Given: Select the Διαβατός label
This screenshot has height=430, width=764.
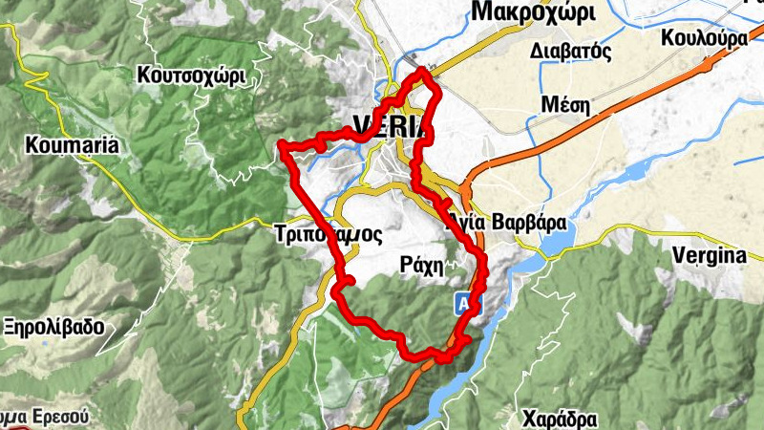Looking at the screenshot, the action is coord(571,50).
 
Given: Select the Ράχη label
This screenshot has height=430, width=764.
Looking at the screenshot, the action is coord(421,265).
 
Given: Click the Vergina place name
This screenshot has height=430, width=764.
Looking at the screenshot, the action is coord(708,256).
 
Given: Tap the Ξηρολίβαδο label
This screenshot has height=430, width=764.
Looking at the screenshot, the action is coord(53,326).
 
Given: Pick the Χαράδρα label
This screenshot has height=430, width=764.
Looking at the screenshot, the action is coord(560,419).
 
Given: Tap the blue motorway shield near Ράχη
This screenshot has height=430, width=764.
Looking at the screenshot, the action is coord(463,303).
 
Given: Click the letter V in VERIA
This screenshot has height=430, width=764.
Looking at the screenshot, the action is coord(361,125).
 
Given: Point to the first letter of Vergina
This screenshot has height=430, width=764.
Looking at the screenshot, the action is coord(677,255).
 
